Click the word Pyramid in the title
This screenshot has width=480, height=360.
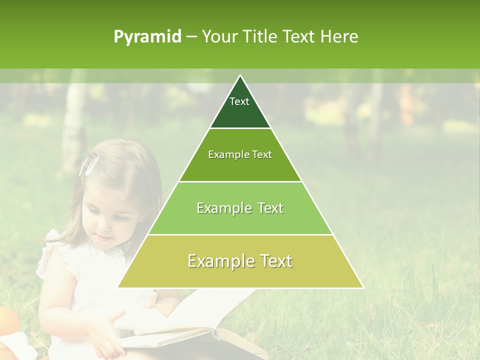click(x=147, y=37)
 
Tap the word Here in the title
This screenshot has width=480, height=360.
click(x=339, y=36)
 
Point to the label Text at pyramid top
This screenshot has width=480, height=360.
click(x=239, y=101)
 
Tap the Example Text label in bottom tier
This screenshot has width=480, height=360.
click(x=240, y=261)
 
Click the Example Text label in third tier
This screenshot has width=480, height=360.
click(x=240, y=208)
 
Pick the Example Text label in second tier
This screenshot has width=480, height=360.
click(x=240, y=154)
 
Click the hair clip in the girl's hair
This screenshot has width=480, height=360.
click(x=89, y=165)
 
